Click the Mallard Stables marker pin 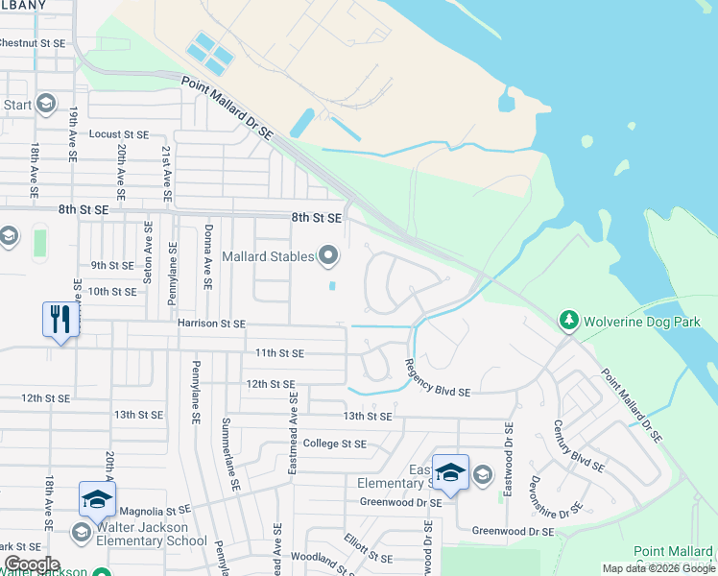(329, 255)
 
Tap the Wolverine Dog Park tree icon (568, 321)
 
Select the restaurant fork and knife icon (60, 320)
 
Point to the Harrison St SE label (211, 324)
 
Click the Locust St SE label (119, 135)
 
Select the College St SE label (334, 444)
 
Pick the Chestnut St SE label (33, 43)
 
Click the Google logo (31, 564)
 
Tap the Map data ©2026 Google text (658, 568)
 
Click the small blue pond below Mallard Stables (332, 285)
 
